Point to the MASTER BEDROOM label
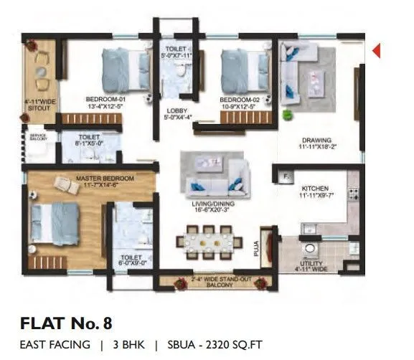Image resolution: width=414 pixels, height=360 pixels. pos(105,177)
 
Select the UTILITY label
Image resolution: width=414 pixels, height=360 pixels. pos(311,265)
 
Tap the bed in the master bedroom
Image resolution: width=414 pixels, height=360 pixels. pos(55,224)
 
